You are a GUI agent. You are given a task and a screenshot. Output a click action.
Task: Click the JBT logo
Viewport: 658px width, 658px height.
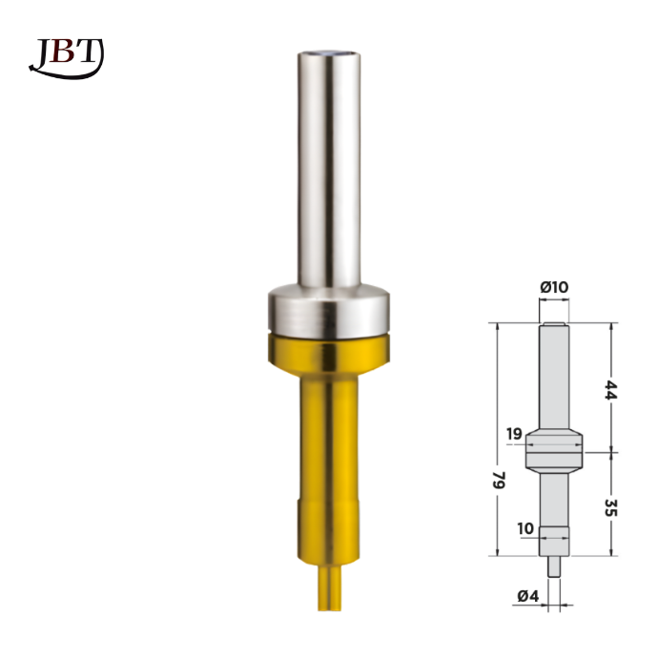pos(67,58)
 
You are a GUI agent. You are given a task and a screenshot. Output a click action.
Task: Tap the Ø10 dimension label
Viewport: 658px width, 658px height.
pos(554,287)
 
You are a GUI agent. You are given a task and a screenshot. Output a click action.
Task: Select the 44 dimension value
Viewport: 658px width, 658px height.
pos(610,390)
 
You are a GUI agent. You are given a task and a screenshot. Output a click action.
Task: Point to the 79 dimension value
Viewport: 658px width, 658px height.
pos(499,480)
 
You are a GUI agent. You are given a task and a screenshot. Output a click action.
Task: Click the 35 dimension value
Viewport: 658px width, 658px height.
pos(610,507)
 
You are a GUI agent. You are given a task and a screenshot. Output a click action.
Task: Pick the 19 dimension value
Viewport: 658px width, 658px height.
pos(514,434)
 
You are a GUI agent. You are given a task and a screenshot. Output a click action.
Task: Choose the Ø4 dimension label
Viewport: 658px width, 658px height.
pos(528,596)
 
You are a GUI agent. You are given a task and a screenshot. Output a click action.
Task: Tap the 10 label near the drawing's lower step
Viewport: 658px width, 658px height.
pos(525,528)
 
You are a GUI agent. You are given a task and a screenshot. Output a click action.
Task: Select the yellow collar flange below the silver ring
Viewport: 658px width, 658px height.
pos(329,355)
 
